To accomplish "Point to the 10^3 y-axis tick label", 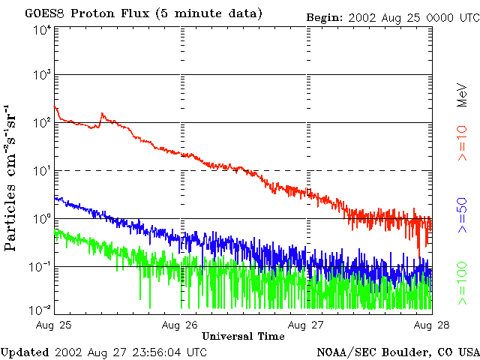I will (x=41, y=75).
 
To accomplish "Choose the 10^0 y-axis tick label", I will (x=41, y=218).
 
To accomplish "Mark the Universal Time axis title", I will (x=243, y=336).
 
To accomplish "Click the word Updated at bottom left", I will (x=24, y=352).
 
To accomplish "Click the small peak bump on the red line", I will (x=102, y=115).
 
